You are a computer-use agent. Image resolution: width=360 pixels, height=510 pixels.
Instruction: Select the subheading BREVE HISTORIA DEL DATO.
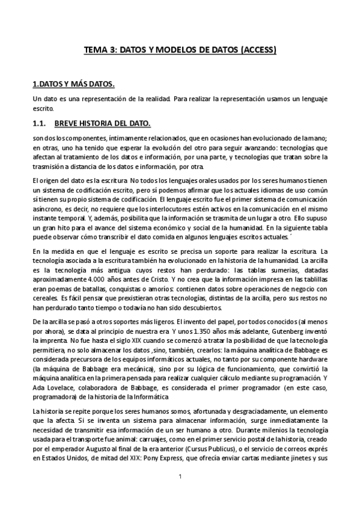coord(102,124)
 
